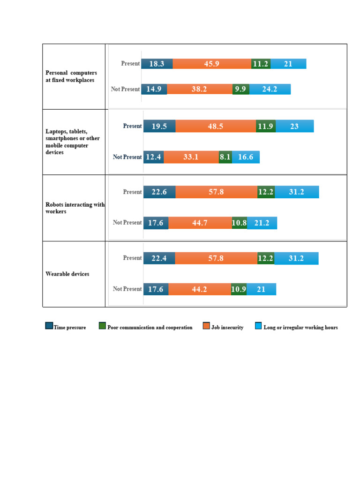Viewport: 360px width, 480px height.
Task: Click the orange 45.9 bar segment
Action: pos(212,64)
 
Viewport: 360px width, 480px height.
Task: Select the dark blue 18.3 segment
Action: pos(157,64)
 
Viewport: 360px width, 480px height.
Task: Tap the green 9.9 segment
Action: pos(241,89)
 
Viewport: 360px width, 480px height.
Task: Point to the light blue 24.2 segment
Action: pos(270,89)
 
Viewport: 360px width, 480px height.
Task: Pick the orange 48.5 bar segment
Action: pos(216,126)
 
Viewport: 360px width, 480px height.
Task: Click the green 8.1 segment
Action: pos(225,157)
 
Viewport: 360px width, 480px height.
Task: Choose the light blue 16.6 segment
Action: pos(246,157)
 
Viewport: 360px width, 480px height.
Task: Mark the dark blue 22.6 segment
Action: pos(159,192)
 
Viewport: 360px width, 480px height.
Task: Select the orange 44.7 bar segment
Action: pos(200,223)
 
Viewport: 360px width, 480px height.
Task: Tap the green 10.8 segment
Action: pos(240,223)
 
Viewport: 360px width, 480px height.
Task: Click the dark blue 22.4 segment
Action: pos(159,258)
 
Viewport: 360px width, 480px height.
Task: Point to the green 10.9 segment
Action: pos(239,289)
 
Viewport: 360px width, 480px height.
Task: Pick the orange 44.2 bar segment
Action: pos(200,289)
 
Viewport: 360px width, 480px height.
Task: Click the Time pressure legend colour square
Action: pos(49,326)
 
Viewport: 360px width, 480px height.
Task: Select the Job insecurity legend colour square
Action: pos(206,326)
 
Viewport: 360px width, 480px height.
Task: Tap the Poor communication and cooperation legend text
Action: pos(150,327)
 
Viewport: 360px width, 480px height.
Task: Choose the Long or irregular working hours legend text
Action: pos(300,327)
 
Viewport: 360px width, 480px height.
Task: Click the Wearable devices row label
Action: pos(67,274)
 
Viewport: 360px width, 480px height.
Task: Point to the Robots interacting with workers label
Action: pos(75,208)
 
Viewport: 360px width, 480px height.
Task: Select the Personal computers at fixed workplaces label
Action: pos(71,76)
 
